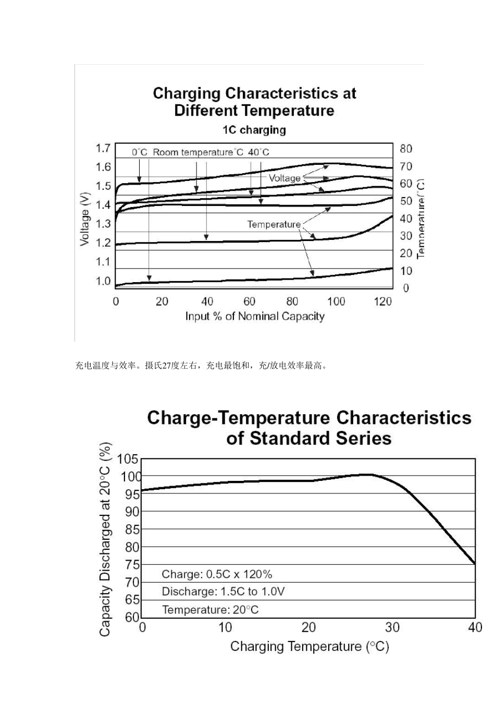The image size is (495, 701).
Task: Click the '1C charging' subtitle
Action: click(254, 130)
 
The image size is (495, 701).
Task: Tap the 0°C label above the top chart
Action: click(139, 152)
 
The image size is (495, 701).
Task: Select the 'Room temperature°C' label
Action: click(198, 152)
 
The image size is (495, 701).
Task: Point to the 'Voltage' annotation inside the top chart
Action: click(284, 178)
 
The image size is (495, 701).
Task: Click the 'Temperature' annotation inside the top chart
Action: click(274, 224)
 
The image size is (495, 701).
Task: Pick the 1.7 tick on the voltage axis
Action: click(103, 148)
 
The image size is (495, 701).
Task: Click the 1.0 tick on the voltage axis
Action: click(103, 281)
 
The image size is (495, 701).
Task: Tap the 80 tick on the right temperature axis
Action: click(406, 149)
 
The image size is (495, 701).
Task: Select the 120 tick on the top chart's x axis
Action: click(383, 301)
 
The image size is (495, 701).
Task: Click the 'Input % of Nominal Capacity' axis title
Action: click(255, 317)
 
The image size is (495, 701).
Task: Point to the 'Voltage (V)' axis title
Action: click(85, 219)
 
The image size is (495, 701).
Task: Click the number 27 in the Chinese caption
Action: click(167, 366)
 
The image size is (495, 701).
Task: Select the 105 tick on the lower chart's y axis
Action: click(128, 460)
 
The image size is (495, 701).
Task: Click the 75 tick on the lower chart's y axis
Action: click(132, 565)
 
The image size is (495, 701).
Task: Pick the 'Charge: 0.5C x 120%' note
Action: click(217, 574)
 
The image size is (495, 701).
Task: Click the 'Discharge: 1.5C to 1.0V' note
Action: click(223, 591)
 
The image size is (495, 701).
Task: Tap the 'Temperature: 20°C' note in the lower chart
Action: click(210, 610)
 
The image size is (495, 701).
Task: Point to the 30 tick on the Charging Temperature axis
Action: click(392, 627)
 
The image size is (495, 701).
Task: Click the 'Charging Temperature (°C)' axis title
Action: click(310, 647)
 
